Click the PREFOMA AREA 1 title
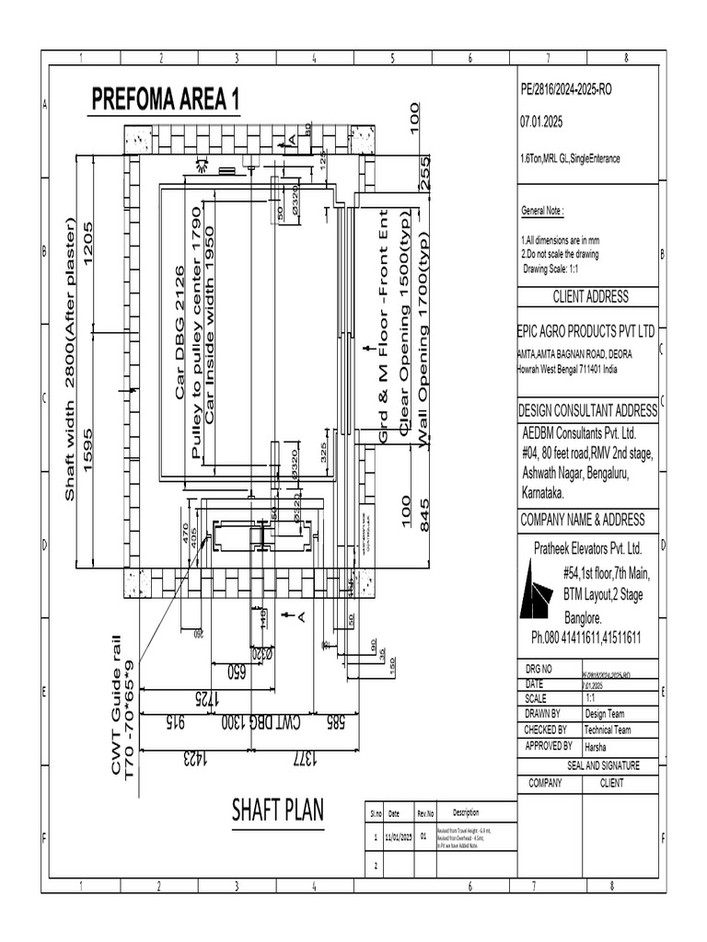[x=164, y=99]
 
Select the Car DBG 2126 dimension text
[x=180, y=332]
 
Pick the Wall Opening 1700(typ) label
[x=424, y=351]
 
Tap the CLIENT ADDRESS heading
[x=590, y=297]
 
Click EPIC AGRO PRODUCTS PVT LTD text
[x=587, y=330]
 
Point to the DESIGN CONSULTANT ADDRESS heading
[x=587, y=410]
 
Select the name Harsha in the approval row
[x=597, y=747]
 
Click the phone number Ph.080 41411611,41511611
[x=586, y=638]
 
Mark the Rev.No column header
[x=425, y=813]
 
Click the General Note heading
[x=542, y=211]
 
